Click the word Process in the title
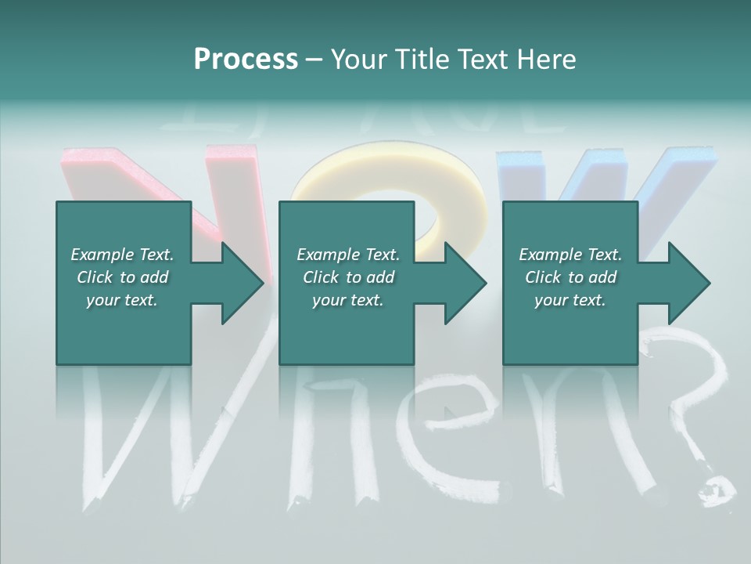click(x=246, y=60)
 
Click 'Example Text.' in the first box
click(x=122, y=255)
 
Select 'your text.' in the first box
click(x=122, y=300)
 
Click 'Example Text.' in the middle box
click(x=348, y=255)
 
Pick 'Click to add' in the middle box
click(x=348, y=277)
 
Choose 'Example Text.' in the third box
click(x=570, y=255)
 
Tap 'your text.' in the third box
click(x=570, y=300)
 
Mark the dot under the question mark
click(x=716, y=490)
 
